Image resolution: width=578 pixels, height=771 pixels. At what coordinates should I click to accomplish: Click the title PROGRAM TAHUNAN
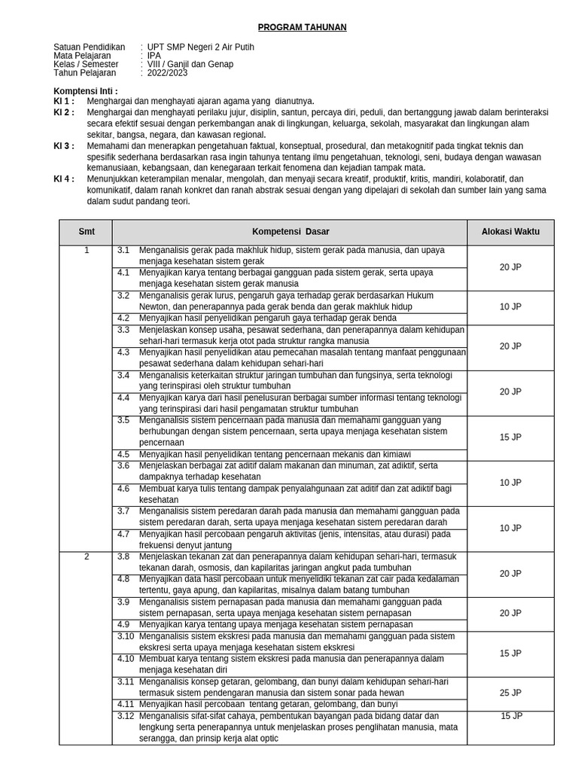302,27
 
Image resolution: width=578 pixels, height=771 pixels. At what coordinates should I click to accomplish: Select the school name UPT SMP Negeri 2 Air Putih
200,47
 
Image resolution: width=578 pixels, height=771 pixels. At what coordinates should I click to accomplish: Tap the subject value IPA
154,56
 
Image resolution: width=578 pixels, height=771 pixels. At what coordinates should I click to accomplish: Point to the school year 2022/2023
168,74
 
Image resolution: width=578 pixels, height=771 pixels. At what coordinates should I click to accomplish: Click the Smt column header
87,232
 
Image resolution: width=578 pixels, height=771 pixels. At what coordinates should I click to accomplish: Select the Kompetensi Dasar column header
290,232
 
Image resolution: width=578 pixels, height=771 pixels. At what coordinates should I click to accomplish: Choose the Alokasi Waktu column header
510,232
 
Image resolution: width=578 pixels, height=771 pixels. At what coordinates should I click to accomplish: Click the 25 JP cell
510,693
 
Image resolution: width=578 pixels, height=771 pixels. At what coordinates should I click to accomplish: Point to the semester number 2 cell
87,556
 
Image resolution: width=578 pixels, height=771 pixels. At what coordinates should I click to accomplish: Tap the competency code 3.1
123,250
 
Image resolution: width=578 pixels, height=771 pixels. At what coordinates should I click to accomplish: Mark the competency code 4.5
123,454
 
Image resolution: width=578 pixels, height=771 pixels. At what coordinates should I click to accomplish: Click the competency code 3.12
125,715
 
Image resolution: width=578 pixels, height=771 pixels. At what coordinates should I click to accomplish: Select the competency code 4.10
125,659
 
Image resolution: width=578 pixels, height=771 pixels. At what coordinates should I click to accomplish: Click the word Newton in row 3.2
154,306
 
